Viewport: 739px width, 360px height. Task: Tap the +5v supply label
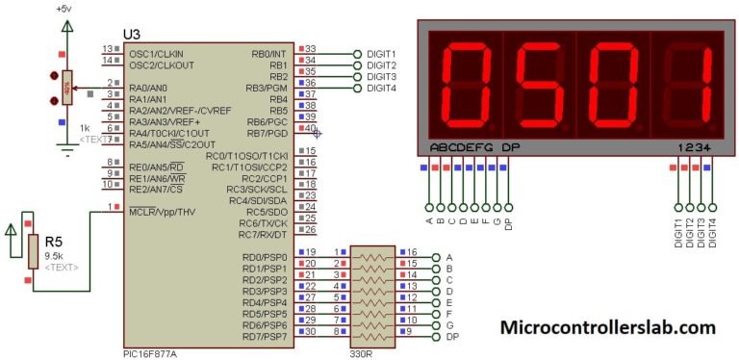[x=64, y=8]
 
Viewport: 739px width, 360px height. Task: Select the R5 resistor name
[x=54, y=242]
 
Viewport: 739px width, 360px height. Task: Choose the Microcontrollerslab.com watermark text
[x=607, y=327]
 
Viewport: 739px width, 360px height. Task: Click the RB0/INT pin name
[x=268, y=54]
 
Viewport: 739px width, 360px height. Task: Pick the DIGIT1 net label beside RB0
[x=382, y=54]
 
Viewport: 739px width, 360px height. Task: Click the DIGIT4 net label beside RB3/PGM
[x=382, y=89]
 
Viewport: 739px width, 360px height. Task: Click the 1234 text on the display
[x=693, y=147]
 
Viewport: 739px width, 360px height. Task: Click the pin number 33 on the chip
[x=310, y=48]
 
